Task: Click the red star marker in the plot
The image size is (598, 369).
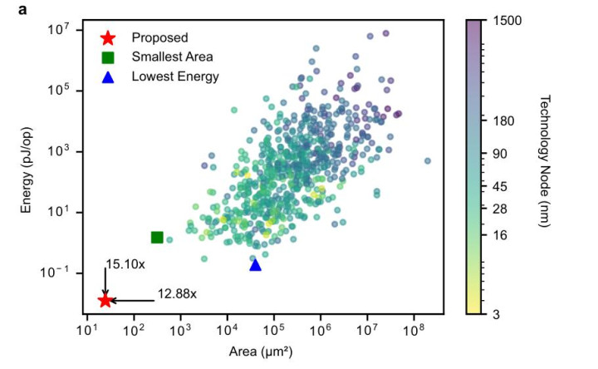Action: pyautogui.click(x=105, y=300)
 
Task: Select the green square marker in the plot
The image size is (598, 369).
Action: pyautogui.click(x=157, y=238)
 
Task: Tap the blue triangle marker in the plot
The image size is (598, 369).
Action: pyautogui.click(x=255, y=264)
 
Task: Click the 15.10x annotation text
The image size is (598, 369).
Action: pyautogui.click(x=125, y=264)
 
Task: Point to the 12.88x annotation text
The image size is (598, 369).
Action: pyautogui.click(x=177, y=293)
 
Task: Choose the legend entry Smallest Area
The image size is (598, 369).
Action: pyautogui.click(x=177, y=57)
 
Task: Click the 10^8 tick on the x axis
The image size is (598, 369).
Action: pyautogui.click(x=413, y=332)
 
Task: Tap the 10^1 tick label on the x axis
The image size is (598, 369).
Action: pyautogui.click(x=87, y=332)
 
